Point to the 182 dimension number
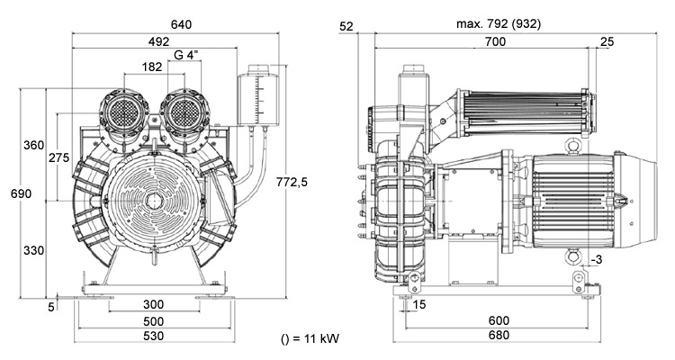pos(152,67)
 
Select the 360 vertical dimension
pos(33,145)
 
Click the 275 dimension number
pos(59,157)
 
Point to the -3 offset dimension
pos(597,260)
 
